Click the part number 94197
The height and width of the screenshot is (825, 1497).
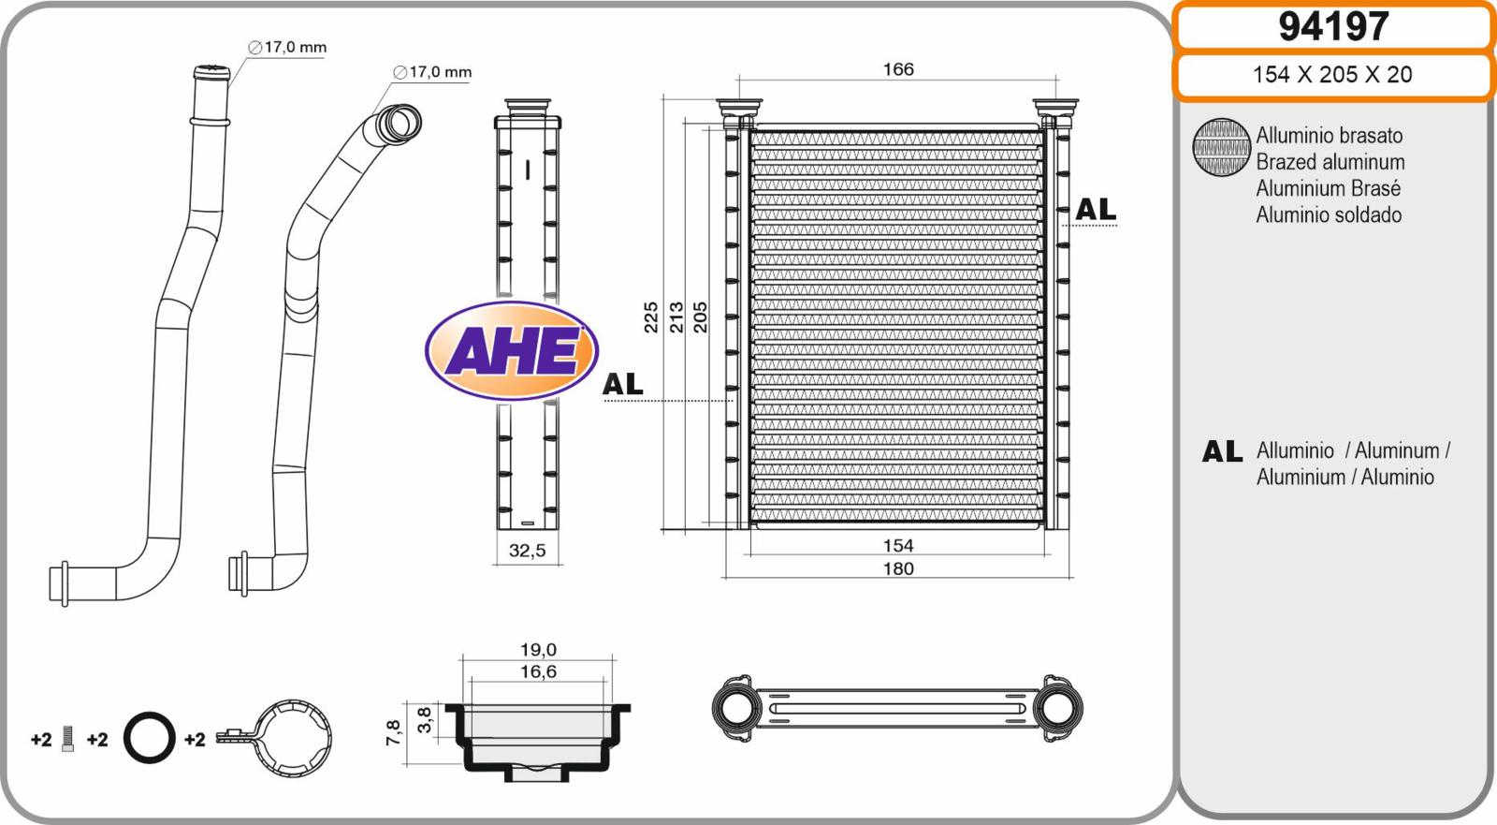click(x=1333, y=27)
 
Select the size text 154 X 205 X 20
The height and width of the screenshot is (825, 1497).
click(x=1332, y=74)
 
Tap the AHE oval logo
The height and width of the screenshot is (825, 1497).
click(x=511, y=350)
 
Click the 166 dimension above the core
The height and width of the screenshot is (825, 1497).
click(x=898, y=69)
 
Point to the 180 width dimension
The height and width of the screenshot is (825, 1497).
click(x=898, y=568)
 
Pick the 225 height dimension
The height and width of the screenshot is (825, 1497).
click(x=650, y=317)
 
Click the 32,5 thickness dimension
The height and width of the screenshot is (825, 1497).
click(x=528, y=551)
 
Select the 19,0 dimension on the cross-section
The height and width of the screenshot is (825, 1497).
click(x=538, y=650)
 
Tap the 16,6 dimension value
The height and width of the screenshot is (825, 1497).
click(x=538, y=671)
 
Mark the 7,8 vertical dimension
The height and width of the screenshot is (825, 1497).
click(x=393, y=733)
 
